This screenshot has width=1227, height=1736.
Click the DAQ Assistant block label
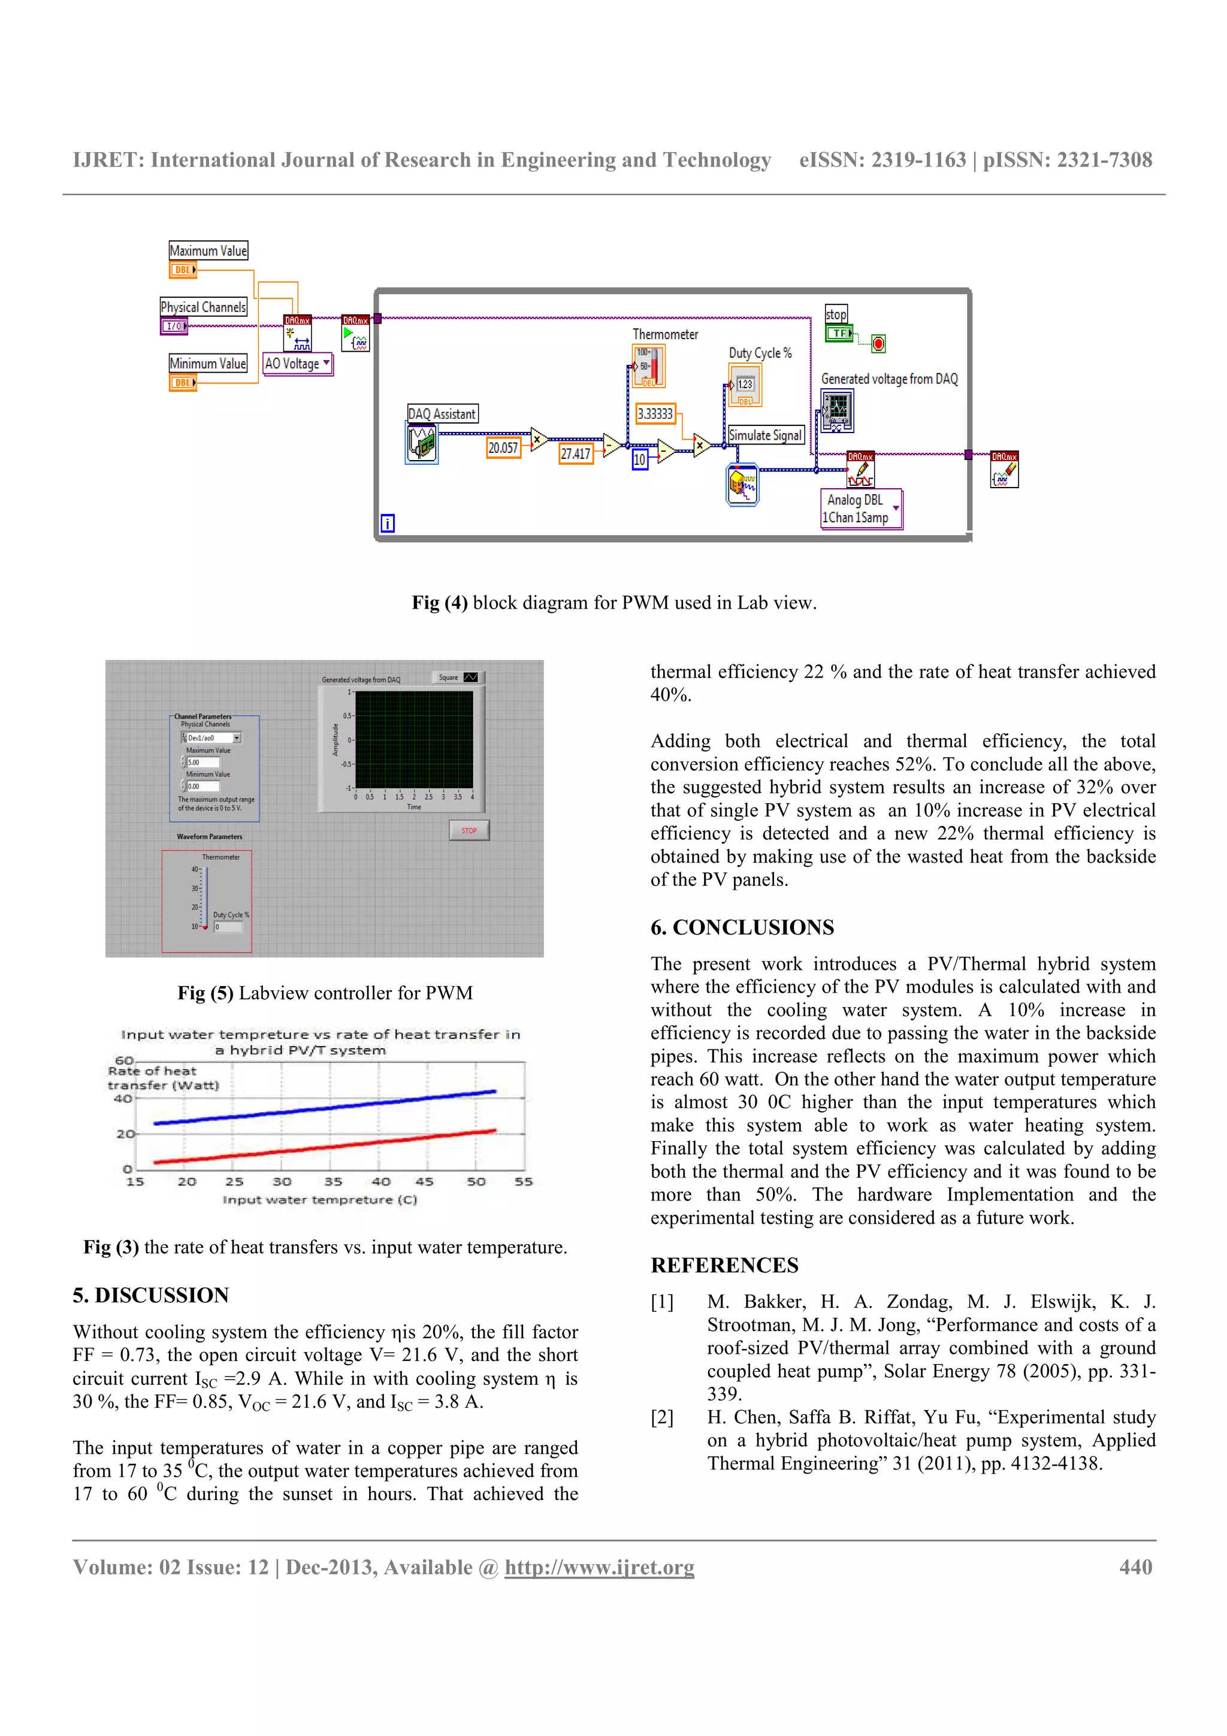[442, 413]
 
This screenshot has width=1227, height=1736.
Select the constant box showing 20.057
[503, 447]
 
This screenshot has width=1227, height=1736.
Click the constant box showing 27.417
[575, 453]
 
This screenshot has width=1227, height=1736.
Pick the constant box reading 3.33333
[655, 413]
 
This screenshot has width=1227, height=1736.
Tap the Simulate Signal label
[765, 435]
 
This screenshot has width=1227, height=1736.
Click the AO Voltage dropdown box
[297, 364]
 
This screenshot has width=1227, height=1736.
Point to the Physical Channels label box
[203, 307]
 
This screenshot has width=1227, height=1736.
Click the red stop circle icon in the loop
[878, 344]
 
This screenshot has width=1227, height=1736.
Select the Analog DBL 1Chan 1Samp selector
[861, 509]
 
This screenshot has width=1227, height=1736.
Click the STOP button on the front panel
[469, 830]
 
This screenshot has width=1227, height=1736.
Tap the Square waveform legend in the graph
[457, 678]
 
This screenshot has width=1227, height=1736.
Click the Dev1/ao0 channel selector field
[211, 737]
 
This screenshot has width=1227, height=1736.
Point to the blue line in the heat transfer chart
[325, 1108]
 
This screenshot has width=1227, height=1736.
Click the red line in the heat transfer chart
[325, 1146]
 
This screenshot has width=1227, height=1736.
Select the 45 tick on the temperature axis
[425, 1182]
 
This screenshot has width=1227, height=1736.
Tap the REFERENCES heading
[724, 1265]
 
